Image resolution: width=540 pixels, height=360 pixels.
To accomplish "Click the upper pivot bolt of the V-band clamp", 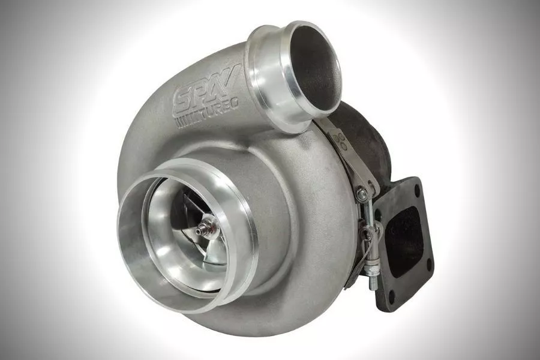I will tap(362, 193).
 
